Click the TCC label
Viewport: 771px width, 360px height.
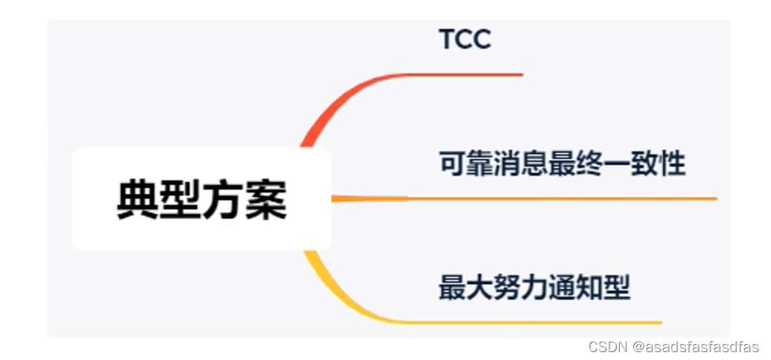[465, 39]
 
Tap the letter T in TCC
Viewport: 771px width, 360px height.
[447, 39]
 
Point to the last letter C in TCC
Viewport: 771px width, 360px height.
[481, 39]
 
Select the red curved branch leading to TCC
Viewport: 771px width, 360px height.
[347, 98]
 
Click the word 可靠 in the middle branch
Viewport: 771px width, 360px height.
[465, 165]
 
